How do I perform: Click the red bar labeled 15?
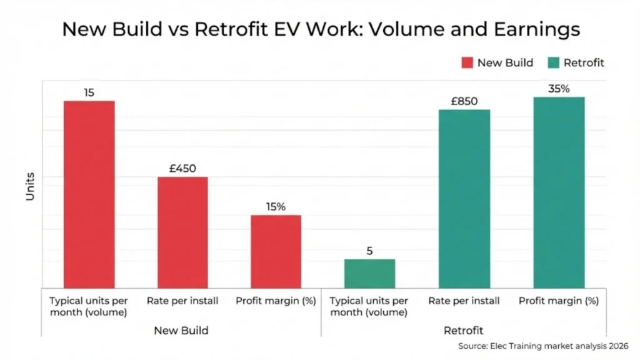[89, 194]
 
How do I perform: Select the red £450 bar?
[182, 232]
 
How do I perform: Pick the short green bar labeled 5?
[369, 273]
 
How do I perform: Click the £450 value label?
[182, 168]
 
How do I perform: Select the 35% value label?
[558, 89]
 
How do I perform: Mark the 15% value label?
[276, 207]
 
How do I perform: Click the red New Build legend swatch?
[467, 62]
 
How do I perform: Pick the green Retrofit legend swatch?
[553, 62]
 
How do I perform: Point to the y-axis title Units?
[30, 187]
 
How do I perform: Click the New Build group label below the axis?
[181, 330]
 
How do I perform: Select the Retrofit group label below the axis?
[463, 330]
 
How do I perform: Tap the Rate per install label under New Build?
[182, 301]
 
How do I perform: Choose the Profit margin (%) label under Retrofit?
[558, 301]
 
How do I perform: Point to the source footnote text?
[542, 346]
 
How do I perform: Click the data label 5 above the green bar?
[369, 251]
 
